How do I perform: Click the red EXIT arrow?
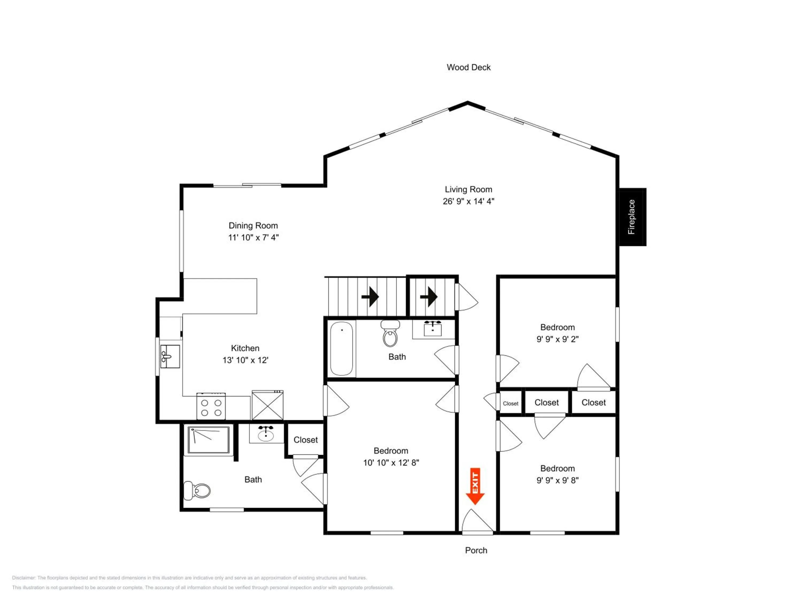[475, 486]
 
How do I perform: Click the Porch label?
[476, 550]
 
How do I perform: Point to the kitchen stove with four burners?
[211, 406]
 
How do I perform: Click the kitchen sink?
[170, 356]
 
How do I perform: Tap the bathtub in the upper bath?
[342, 348]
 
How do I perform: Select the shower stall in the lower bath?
[209, 440]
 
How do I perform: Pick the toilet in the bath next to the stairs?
[390, 333]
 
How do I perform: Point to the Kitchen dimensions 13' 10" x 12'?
[245, 360]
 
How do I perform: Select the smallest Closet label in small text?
[511, 403]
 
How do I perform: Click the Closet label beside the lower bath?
[306, 440]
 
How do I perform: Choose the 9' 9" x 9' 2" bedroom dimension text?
[558, 339]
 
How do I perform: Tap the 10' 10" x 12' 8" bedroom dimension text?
[391, 462]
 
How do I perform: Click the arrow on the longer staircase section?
[370, 297]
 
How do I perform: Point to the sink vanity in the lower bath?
[266, 434]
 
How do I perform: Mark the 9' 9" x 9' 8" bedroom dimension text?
[558, 480]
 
